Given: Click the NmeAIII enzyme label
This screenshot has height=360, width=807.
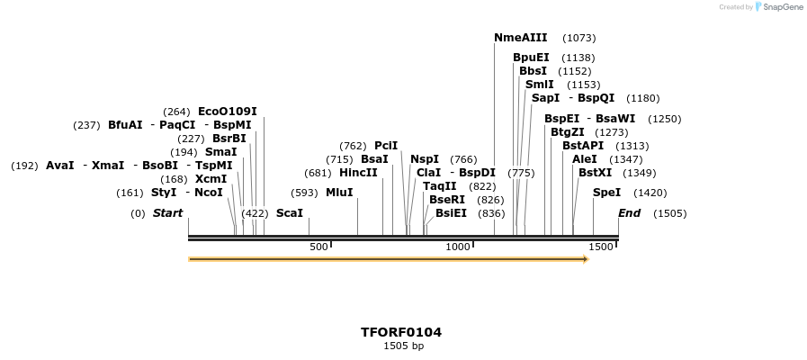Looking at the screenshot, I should [520, 38].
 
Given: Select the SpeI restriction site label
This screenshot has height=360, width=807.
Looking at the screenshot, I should [606, 193].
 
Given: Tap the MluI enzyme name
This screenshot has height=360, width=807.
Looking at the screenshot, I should [339, 193].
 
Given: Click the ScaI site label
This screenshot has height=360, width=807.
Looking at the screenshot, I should [289, 213].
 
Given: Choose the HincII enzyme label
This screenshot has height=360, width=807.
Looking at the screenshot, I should [358, 173].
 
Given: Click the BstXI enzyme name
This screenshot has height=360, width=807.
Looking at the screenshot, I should [595, 173].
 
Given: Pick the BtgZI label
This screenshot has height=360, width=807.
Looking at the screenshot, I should [567, 132].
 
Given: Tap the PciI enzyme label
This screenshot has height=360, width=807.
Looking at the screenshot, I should [386, 146].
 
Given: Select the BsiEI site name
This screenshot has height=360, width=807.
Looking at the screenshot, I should [451, 213].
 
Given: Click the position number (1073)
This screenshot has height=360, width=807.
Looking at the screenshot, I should [578, 38].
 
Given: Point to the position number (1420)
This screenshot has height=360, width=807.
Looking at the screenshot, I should [650, 193].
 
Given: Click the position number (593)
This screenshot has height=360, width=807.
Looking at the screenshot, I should [304, 193].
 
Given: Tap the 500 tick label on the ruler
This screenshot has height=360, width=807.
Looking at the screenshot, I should [318, 247].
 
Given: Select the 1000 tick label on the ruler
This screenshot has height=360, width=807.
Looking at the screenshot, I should [458, 247].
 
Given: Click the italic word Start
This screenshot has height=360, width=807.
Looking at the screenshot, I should [167, 213].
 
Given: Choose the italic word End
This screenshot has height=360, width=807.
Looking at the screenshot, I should [629, 213].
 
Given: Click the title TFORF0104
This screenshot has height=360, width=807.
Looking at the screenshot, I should [401, 332].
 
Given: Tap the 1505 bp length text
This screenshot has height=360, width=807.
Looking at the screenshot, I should [403, 346].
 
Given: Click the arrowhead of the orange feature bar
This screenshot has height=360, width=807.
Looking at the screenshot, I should [586, 259].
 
